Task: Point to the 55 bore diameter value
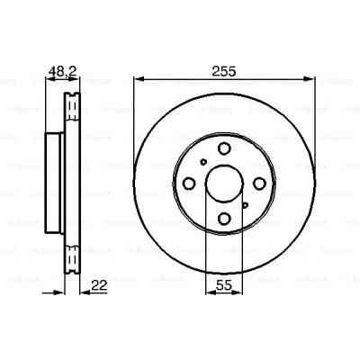click(x=224, y=286)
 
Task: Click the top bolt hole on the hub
click(x=224, y=148)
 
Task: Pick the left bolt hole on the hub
click(x=189, y=184)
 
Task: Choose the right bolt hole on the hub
click(x=259, y=184)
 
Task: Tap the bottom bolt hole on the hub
click(x=224, y=219)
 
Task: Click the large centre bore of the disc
click(x=224, y=184)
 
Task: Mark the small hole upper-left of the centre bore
click(x=204, y=163)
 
